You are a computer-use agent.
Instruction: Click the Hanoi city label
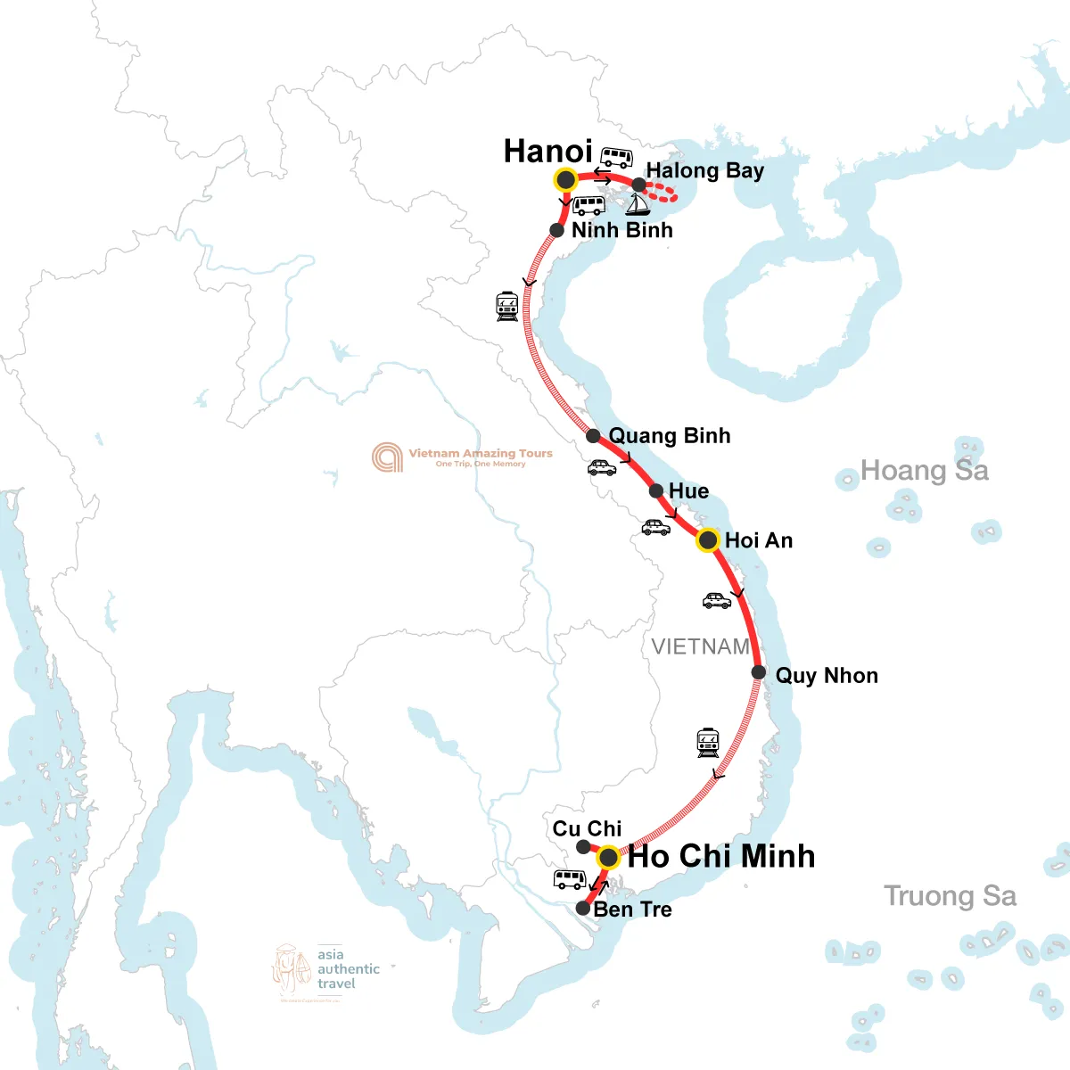tap(547, 152)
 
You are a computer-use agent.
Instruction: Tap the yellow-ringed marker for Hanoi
tap(565, 180)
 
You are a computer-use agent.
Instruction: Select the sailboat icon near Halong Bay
tap(638, 204)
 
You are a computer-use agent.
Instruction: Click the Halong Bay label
tap(704, 170)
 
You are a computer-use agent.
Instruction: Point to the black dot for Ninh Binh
tap(556, 230)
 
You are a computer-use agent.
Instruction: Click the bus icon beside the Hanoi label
tap(616, 158)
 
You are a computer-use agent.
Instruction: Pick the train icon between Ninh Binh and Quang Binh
tap(507, 306)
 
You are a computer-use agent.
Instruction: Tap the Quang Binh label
tap(670, 436)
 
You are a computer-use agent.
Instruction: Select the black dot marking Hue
tap(656, 491)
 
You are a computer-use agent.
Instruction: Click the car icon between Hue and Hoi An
tap(656, 528)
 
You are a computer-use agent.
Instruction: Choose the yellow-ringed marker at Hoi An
tap(707, 540)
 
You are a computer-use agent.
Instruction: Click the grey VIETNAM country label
tap(701, 646)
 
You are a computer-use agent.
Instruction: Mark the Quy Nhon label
tap(827, 676)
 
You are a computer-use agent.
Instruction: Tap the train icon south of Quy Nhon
tap(708, 743)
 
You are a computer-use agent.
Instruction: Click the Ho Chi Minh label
tap(721, 856)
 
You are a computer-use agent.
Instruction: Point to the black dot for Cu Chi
tap(583, 847)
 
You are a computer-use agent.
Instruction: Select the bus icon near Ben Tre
tap(570, 879)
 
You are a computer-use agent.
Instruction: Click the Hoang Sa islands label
tap(925, 471)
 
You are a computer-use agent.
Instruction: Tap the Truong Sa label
tap(950, 896)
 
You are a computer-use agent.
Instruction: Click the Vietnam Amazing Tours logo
tap(463, 457)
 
